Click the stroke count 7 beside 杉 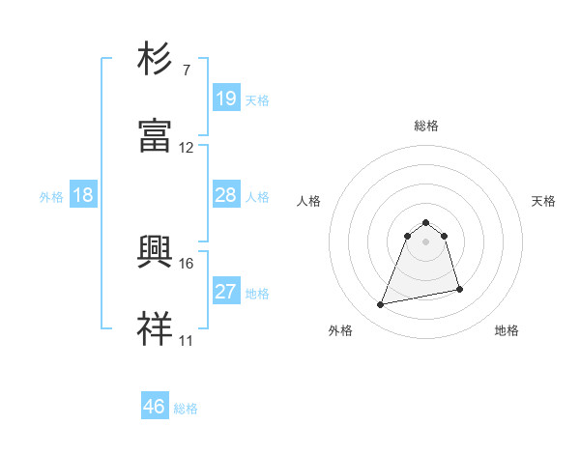(x=186, y=71)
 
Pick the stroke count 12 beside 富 (x=187, y=148)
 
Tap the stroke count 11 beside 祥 (x=187, y=341)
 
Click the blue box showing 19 (x=225, y=98)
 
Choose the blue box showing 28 (x=225, y=195)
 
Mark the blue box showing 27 (x=225, y=292)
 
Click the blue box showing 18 (x=83, y=195)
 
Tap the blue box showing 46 (x=155, y=407)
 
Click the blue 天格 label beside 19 (x=257, y=99)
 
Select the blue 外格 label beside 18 (x=51, y=196)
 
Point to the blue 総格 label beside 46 (x=186, y=409)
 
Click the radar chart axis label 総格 (x=426, y=126)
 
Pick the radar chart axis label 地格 (x=507, y=330)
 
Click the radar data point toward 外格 (x=381, y=305)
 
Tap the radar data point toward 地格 (x=459, y=290)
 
